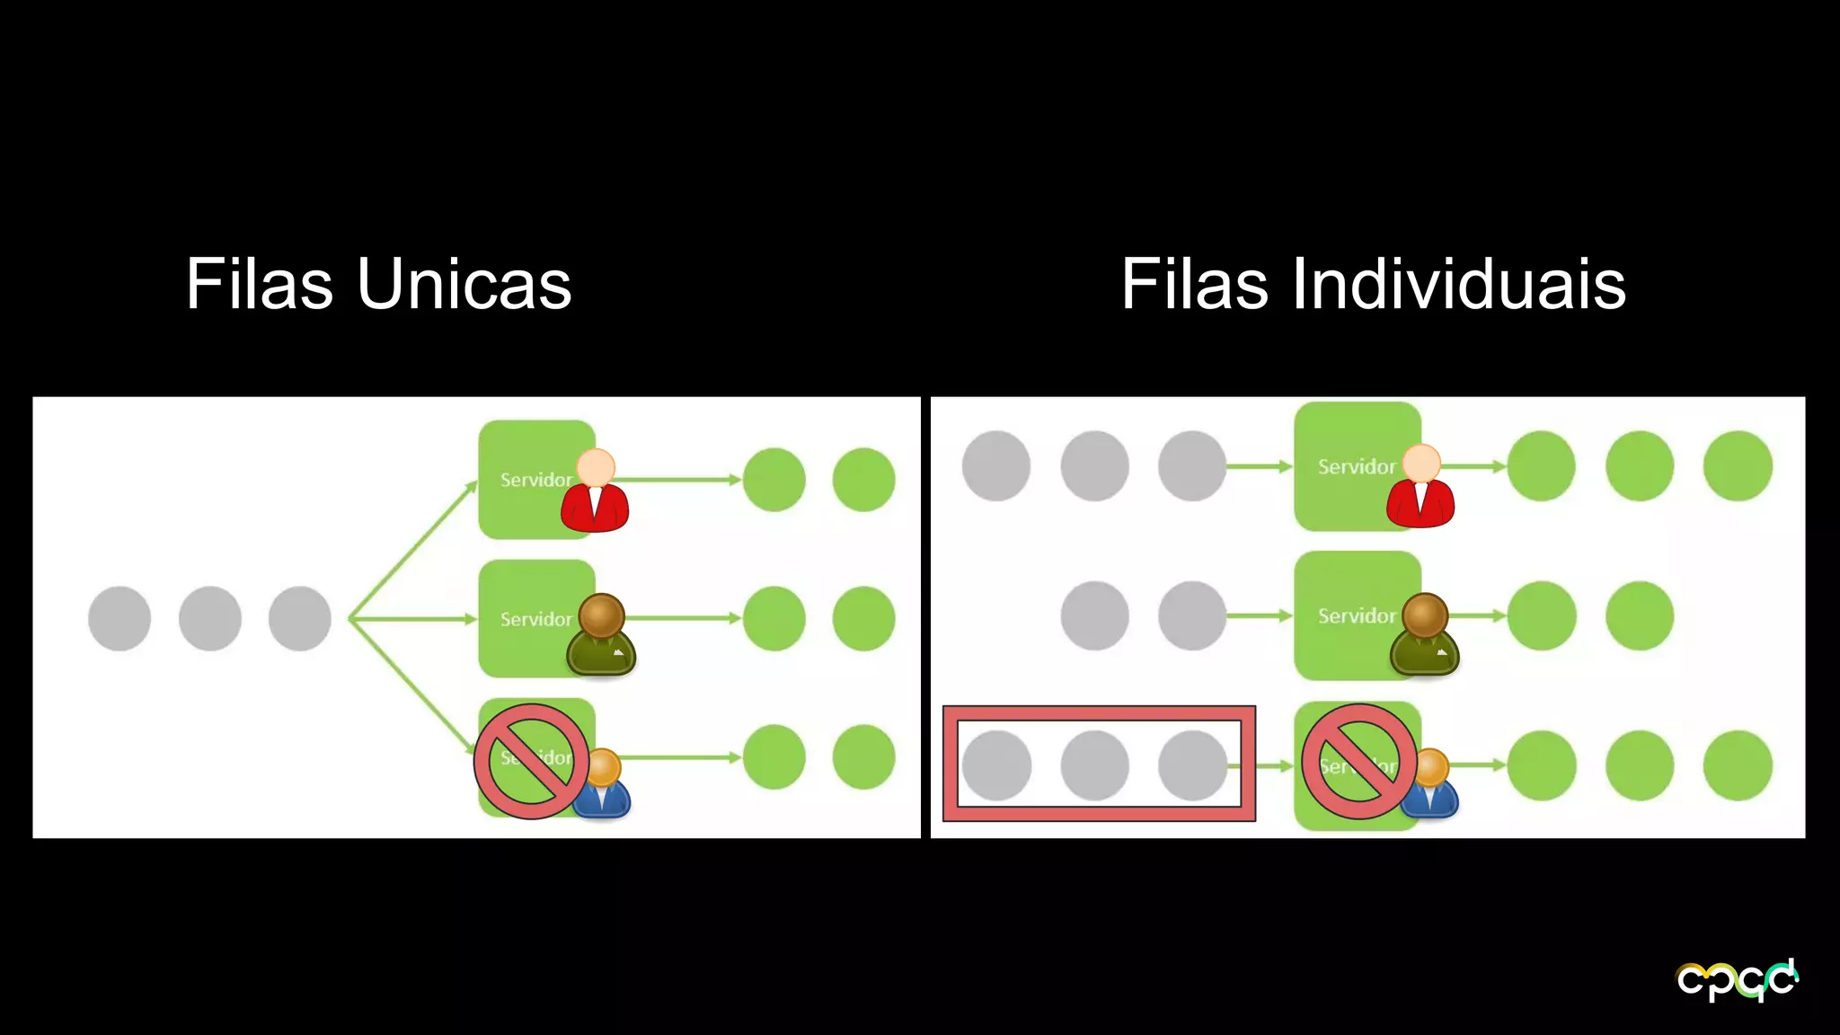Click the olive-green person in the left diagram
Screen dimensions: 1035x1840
[601, 635]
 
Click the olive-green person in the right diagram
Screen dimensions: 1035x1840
[1424, 635]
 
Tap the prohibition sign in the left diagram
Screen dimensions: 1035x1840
[532, 761]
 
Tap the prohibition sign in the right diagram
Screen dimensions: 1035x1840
[1359, 761]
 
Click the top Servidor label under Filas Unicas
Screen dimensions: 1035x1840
[535, 480]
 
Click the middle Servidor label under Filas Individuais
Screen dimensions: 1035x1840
[1356, 616]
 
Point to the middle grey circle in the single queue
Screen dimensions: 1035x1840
[210, 618]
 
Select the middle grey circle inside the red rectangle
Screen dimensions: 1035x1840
[1094, 765]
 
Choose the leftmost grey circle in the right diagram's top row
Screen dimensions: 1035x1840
[996, 465]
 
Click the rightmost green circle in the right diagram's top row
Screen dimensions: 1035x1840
[1738, 465]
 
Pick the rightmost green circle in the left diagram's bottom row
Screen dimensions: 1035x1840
[863, 757]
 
